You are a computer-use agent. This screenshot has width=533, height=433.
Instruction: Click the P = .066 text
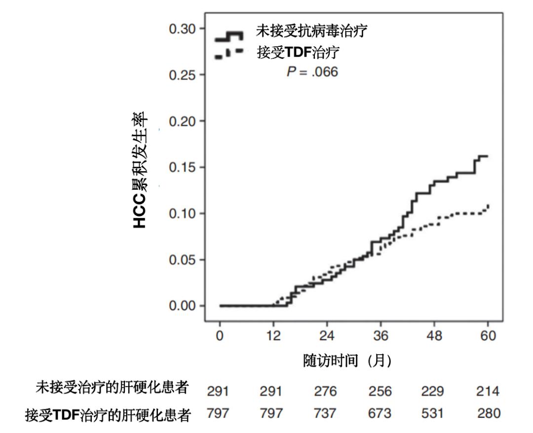(312, 72)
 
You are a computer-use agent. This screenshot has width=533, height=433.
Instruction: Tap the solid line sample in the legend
(228, 36)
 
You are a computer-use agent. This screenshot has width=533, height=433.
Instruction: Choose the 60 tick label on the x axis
(488, 336)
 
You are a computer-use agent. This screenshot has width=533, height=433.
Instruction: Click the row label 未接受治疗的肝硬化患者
(112, 388)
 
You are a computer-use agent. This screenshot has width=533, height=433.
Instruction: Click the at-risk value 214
(488, 392)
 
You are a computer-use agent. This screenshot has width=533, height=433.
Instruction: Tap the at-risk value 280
(488, 413)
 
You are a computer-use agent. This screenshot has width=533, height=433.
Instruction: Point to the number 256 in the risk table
(380, 392)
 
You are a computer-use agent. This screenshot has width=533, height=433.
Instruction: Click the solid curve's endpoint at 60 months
(488, 156)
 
